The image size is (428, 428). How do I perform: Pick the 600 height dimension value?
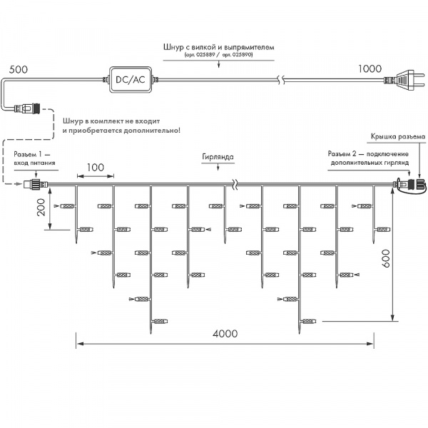(x=386, y=258)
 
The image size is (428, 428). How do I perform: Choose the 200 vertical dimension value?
(x=41, y=208)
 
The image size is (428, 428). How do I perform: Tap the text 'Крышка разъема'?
(x=397, y=136)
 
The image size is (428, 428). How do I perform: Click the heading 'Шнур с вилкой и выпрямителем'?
(x=218, y=46)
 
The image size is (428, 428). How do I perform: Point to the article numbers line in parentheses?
(x=218, y=54)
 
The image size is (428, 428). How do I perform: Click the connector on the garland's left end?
(x=34, y=184)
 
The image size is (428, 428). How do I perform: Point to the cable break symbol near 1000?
(x=283, y=80)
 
